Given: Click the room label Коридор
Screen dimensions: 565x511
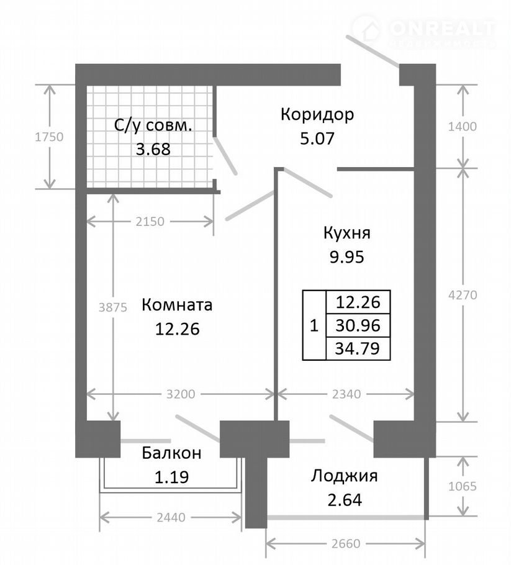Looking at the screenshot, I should click(x=317, y=115).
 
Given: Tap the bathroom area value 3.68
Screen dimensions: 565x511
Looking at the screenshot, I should click(x=153, y=149).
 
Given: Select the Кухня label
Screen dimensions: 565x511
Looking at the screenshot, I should click(x=346, y=233).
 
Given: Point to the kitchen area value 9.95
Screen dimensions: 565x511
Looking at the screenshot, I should click(x=346, y=256).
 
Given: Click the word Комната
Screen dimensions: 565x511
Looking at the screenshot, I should click(x=177, y=305).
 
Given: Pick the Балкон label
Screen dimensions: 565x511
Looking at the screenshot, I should click(x=171, y=453).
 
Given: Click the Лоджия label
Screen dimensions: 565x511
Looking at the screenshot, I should click(x=345, y=476).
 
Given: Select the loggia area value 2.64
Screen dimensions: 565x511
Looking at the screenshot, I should click(x=345, y=499).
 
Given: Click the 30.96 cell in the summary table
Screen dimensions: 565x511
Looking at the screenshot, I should click(x=358, y=325).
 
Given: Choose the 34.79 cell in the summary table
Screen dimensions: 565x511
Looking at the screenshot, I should click(x=358, y=347).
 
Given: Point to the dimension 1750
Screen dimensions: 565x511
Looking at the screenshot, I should click(x=49, y=137).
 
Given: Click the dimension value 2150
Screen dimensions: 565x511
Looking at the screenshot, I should click(x=151, y=221).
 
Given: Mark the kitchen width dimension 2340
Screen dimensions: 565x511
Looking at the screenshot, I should click(x=346, y=393).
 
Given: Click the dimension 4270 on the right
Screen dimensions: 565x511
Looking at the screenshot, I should click(x=463, y=296).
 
